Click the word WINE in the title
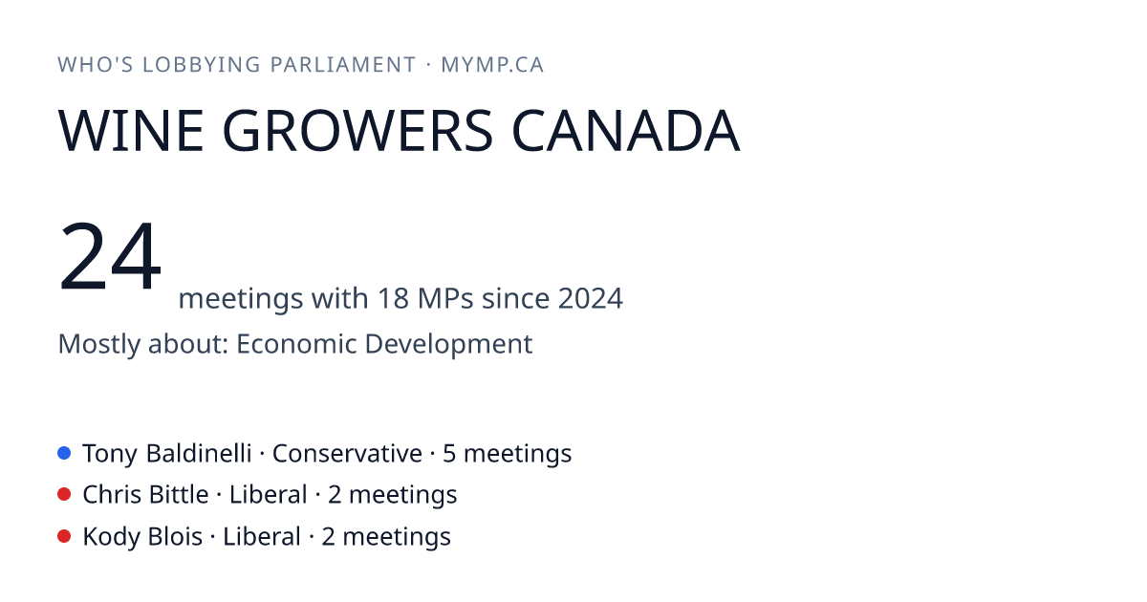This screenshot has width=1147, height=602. (131, 131)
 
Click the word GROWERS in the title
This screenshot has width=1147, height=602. (357, 131)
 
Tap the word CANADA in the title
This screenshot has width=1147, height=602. (626, 131)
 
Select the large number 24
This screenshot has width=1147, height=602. (110, 255)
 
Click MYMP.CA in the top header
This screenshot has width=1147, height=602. (492, 65)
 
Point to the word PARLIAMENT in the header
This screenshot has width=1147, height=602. (343, 65)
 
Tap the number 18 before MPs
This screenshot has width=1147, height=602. (393, 298)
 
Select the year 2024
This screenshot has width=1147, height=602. (590, 298)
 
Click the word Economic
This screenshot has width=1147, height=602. (296, 343)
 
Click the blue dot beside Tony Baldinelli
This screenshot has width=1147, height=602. (64, 453)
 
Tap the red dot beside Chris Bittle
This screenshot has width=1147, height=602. (64, 495)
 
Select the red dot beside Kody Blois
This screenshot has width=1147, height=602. (64, 536)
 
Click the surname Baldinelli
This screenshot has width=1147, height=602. (199, 453)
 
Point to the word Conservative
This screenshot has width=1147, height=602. (347, 454)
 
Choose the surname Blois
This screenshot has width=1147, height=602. (176, 536)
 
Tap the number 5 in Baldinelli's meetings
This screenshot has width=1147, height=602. (449, 454)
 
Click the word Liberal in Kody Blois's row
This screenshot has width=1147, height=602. (262, 536)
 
